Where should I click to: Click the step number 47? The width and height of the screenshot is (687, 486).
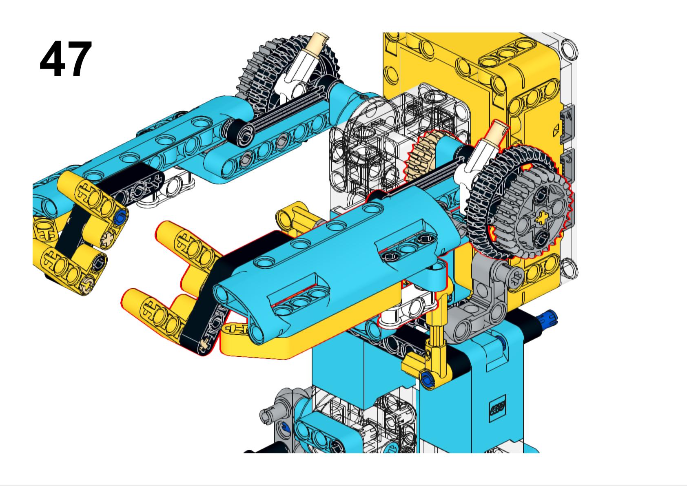[66, 60]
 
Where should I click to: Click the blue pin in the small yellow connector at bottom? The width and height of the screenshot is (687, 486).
[427, 378]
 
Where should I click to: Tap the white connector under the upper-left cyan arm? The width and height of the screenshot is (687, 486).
[171, 192]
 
